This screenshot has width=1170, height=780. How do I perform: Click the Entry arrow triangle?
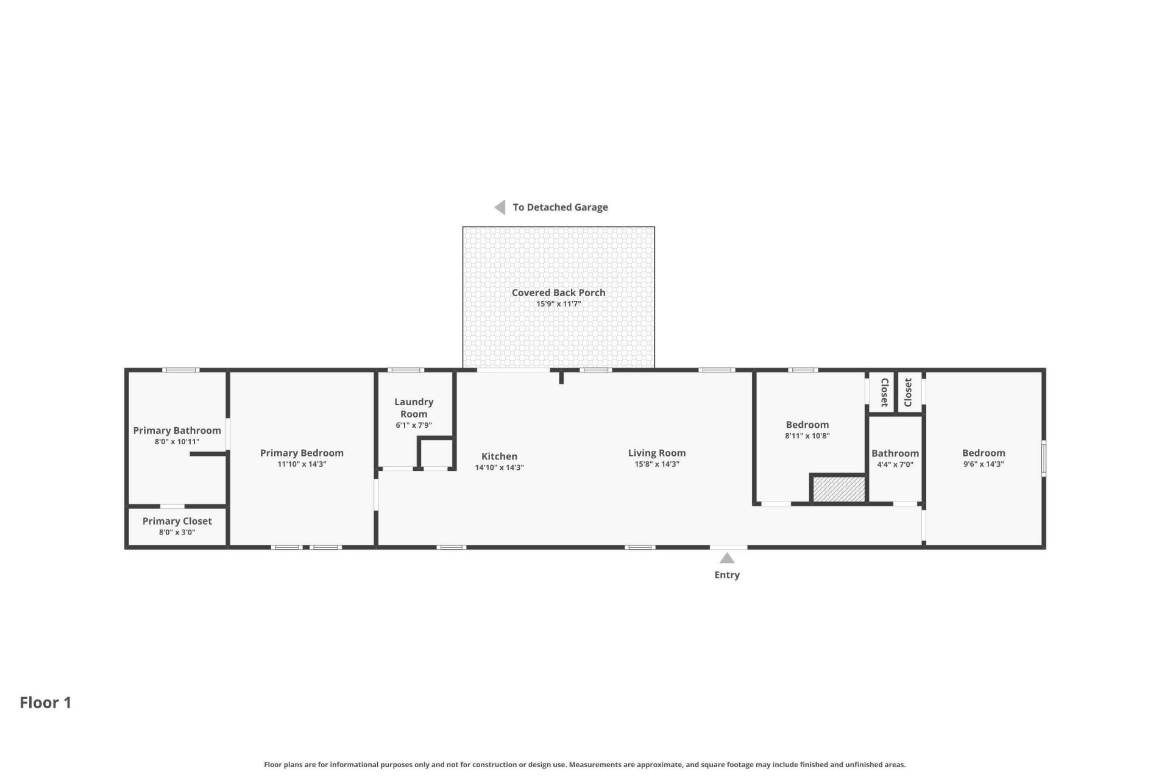coord(727,558)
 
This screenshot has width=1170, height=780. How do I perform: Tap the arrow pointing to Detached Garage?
coord(500,207)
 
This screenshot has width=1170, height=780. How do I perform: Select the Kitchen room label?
coord(499,456)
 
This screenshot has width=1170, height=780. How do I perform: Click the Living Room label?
coord(657,453)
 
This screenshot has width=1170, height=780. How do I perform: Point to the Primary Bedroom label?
coord(302,453)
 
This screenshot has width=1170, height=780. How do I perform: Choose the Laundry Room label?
coord(414,408)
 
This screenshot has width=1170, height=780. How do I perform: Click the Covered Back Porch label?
coord(559,292)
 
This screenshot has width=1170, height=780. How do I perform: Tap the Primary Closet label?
coord(177,521)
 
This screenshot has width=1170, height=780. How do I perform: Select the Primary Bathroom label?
coord(177,430)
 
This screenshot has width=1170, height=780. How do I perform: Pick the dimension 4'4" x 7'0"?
coord(895,464)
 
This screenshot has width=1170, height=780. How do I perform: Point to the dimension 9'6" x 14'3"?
coord(984,464)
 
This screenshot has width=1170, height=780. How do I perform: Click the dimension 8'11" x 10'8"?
coord(807,436)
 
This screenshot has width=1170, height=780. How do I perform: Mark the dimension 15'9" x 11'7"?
coord(559,303)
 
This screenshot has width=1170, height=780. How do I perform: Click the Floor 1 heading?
coord(46,703)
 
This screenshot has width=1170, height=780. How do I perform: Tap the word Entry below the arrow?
coord(727,575)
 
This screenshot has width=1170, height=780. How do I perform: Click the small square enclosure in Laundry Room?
coord(436,453)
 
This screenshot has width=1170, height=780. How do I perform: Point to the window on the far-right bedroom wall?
coord(1043,458)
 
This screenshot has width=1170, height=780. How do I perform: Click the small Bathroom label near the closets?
coord(895,453)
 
